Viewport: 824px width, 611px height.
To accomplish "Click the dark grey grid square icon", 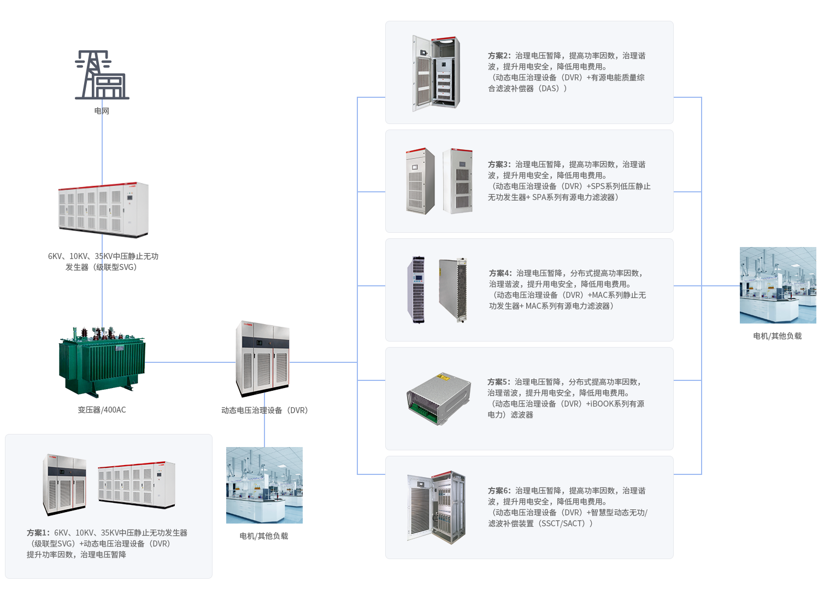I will pyautogui.click(x=102, y=75).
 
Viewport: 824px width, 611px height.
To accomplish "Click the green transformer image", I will pyautogui.click(x=102, y=362).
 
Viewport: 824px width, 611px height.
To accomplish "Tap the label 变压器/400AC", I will pyautogui.click(x=102, y=410).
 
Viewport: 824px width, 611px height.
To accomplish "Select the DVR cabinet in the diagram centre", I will pyautogui.click(x=262, y=359).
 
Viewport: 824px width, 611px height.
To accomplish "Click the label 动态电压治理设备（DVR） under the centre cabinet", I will pyautogui.click(x=264, y=410).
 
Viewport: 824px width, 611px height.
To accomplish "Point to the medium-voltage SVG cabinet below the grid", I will pyautogui.click(x=103, y=210).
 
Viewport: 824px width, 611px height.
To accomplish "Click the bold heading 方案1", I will pyautogui.click(x=38, y=533).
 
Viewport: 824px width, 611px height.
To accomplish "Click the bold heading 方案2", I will pyautogui.click(x=499, y=56).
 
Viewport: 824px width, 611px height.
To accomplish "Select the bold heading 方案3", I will pyautogui.click(x=499, y=164).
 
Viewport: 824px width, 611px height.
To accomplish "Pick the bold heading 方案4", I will pyautogui.click(x=500, y=273).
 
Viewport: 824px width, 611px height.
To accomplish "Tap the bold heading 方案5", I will pyautogui.click(x=498, y=382).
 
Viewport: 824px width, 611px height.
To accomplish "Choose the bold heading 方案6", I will pyautogui.click(x=499, y=491).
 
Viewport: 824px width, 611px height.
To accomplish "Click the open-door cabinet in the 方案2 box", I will pyautogui.click(x=435, y=73).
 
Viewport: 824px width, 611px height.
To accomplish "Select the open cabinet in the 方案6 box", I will pyautogui.click(x=435, y=507).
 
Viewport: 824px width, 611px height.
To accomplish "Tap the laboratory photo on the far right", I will pyautogui.click(x=777, y=285).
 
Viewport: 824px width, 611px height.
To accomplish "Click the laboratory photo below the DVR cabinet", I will pyautogui.click(x=264, y=485).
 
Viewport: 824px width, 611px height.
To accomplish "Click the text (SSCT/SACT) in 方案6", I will pyautogui.click(x=566, y=524).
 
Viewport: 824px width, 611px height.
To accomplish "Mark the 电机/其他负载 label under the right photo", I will pyautogui.click(x=777, y=336).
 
